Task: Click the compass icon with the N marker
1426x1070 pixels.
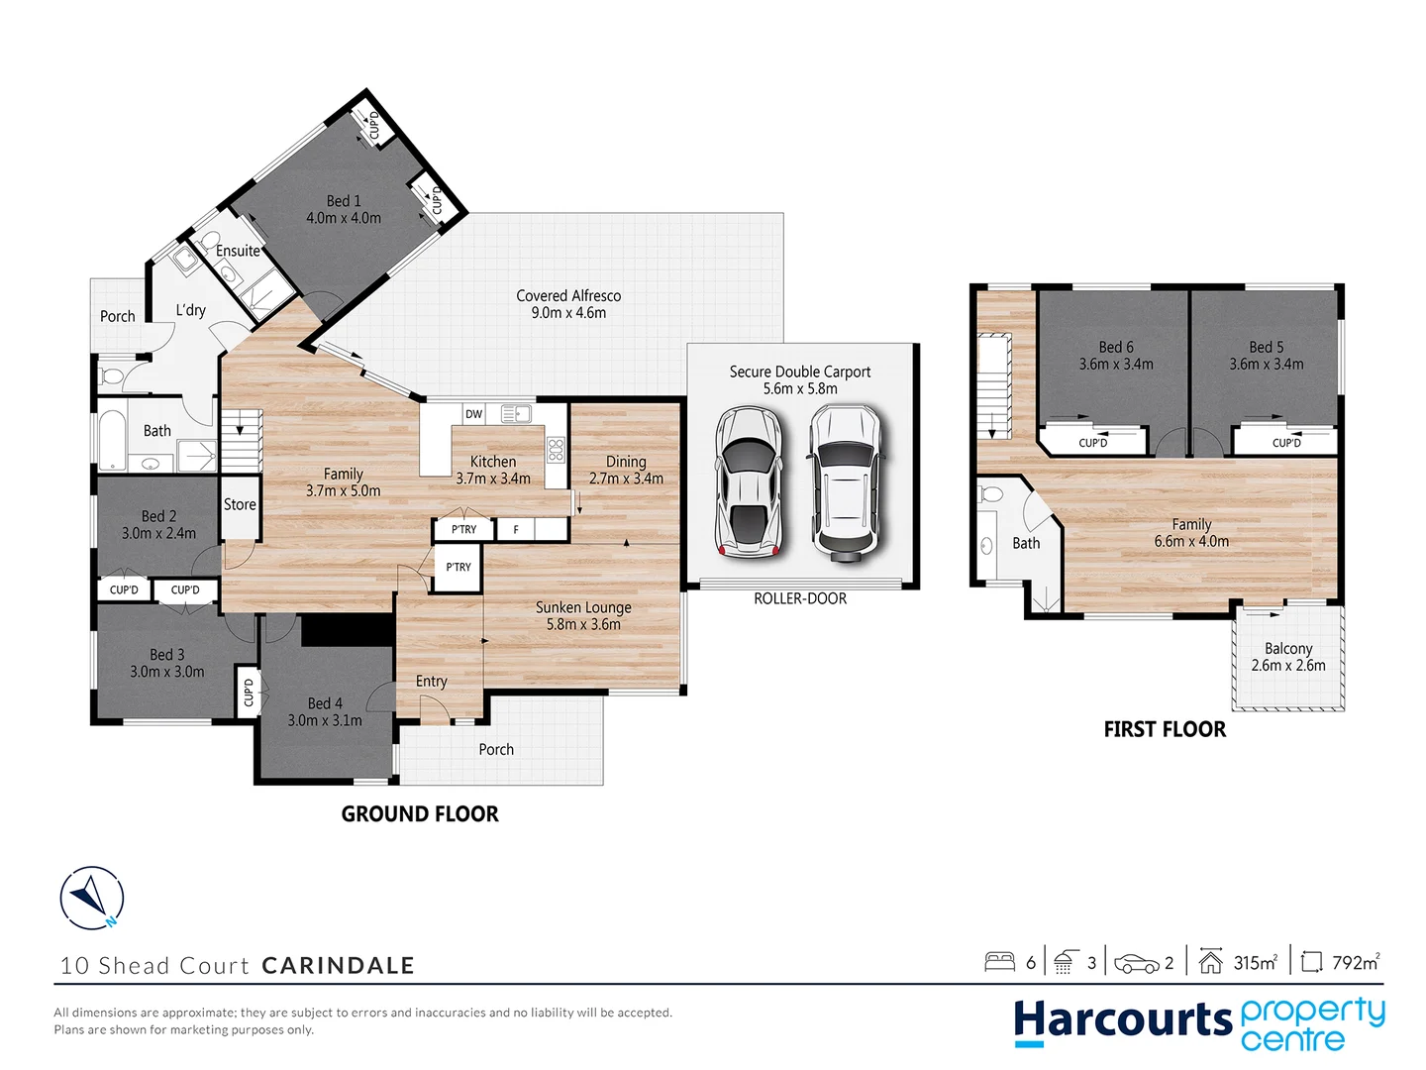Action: pos(91,899)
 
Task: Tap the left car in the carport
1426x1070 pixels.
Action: pos(749,481)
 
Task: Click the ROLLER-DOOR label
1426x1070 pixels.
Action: pos(800,598)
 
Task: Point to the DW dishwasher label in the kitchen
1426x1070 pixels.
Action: pos(473,414)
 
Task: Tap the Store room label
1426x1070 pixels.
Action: pos(240,504)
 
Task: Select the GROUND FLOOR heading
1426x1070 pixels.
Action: pos(420,814)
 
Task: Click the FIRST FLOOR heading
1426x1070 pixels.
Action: pos(1165,729)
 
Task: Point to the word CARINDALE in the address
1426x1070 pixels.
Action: pos(338,965)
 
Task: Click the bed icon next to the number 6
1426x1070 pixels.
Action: pos(999,962)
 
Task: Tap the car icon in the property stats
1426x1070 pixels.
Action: pos(1136,963)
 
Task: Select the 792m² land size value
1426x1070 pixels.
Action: pos(1356,962)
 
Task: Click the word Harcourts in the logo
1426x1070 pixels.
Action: pos(1122,1020)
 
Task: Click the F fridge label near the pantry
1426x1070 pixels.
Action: pos(515,530)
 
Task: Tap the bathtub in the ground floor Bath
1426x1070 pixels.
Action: pos(111,440)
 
